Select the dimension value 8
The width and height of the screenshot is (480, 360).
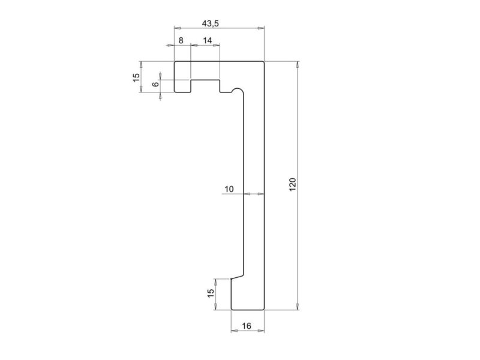coord(181,41)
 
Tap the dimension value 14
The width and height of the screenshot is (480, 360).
coord(207,41)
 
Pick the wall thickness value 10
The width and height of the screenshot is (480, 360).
coord(229,190)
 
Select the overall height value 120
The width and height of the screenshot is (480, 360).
coord(293,185)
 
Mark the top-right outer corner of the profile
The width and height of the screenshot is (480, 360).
coord(265,61)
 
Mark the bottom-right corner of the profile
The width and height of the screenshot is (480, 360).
coord(265,310)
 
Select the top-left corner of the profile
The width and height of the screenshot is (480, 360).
coord(175,61)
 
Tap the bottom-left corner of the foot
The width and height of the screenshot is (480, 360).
coord(231,310)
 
